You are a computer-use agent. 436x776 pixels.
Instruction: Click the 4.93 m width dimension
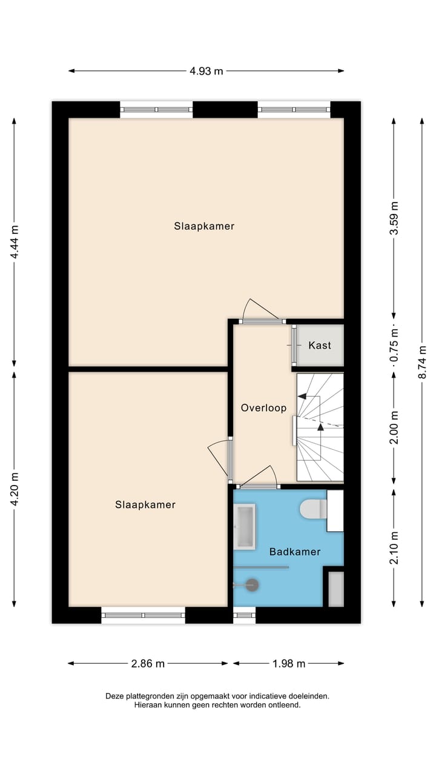(x=206, y=71)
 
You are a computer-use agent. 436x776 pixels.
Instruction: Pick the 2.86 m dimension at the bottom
(x=148, y=663)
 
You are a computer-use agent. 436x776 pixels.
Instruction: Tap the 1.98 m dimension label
(x=288, y=663)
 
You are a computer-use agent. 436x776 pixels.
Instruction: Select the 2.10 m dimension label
(x=394, y=547)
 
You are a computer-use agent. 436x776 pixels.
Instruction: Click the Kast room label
(x=320, y=346)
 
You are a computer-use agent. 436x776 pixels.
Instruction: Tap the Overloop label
(x=263, y=408)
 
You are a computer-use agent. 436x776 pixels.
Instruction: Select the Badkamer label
(x=295, y=552)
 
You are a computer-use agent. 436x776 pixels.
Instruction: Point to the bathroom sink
(x=245, y=527)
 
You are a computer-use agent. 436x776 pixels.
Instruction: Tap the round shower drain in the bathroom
(x=252, y=585)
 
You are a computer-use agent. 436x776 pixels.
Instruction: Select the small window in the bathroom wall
(x=245, y=616)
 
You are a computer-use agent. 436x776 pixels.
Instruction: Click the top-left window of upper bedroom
(x=156, y=110)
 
